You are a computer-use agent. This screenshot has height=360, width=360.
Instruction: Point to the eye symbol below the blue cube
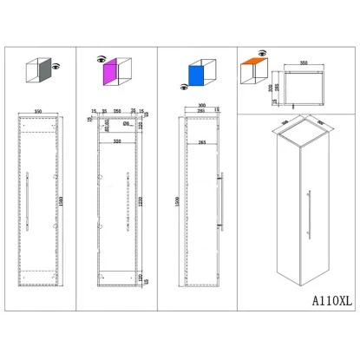click(181, 86)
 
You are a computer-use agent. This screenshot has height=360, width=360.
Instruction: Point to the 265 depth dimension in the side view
click(202, 141)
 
